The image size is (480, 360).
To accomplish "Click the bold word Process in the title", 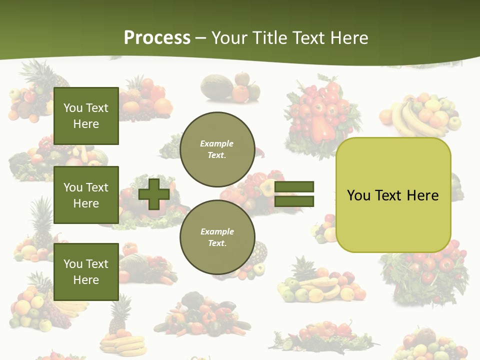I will tap(157, 38).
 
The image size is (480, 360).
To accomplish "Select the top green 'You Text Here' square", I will tap(86, 116).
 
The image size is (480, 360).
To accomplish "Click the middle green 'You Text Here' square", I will tap(86, 195).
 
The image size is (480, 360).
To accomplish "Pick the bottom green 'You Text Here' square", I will tap(86, 272).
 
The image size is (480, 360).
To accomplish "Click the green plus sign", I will tap(154, 194).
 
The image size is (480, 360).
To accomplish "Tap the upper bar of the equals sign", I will tap(294, 186).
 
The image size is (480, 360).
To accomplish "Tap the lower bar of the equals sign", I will tap(294, 201).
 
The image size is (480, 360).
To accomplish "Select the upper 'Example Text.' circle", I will tap(217, 149).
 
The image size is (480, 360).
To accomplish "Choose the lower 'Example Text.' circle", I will tap(217, 237).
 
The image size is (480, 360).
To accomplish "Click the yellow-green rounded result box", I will tap(393, 220).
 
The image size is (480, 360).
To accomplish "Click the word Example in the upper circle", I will tap(217, 144).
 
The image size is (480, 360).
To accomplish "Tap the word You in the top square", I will tap(73, 108).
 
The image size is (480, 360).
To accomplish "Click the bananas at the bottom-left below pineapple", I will tap(116, 345).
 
